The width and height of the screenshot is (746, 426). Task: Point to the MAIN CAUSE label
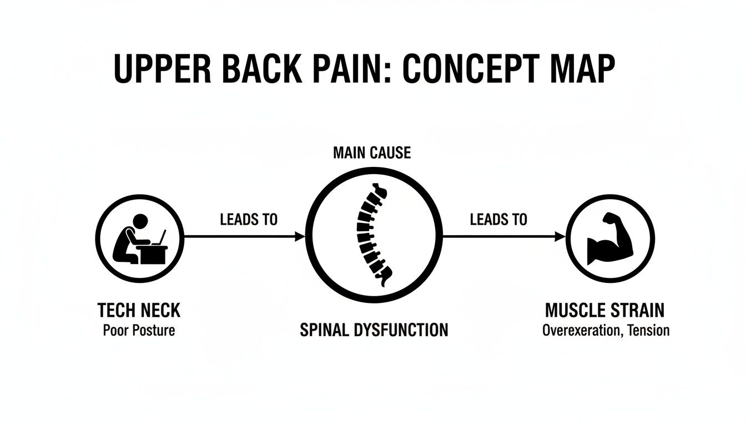tap(372, 153)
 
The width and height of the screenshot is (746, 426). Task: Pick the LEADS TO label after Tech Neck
tap(249, 220)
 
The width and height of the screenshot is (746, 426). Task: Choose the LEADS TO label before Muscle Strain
tap(498, 220)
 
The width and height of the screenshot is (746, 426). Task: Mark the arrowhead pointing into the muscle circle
tap(560, 237)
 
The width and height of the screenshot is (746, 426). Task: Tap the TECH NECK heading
tap(139, 310)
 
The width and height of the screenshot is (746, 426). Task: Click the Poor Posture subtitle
tap(139, 331)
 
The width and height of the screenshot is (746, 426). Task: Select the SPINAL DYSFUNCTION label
tap(374, 331)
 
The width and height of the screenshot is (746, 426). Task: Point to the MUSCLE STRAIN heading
tap(604, 310)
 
